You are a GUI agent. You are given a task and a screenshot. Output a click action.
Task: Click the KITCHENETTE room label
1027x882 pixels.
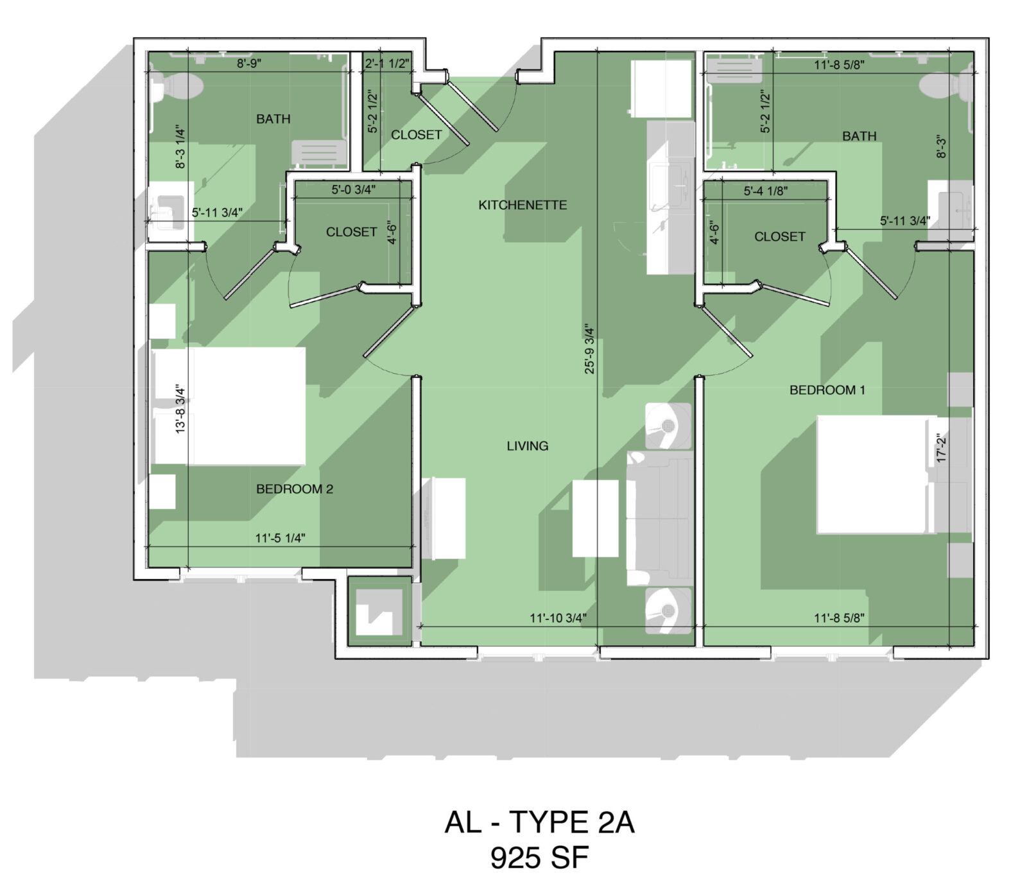click(x=522, y=205)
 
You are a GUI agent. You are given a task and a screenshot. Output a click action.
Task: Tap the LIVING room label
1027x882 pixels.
click(x=528, y=445)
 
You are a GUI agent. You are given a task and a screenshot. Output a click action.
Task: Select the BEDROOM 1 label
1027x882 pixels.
click(x=827, y=390)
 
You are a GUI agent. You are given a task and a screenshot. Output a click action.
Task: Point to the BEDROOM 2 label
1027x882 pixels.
click(x=295, y=489)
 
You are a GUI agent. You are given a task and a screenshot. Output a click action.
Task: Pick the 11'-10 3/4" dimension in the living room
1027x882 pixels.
click(x=558, y=618)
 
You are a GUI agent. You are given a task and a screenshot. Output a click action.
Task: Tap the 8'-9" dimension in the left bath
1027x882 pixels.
click(x=249, y=64)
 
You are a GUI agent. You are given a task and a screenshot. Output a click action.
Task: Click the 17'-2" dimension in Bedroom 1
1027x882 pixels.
click(x=942, y=448)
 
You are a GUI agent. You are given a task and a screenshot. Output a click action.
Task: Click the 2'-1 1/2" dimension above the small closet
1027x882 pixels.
click(x=387, y=64)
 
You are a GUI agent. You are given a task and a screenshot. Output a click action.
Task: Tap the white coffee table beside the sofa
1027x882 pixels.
click(x=595, y=518)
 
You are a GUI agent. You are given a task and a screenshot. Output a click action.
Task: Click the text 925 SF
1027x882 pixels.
click(x=539, y=858)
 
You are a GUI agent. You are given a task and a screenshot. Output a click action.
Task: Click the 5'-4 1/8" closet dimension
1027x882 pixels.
click(x=766, y=191)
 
